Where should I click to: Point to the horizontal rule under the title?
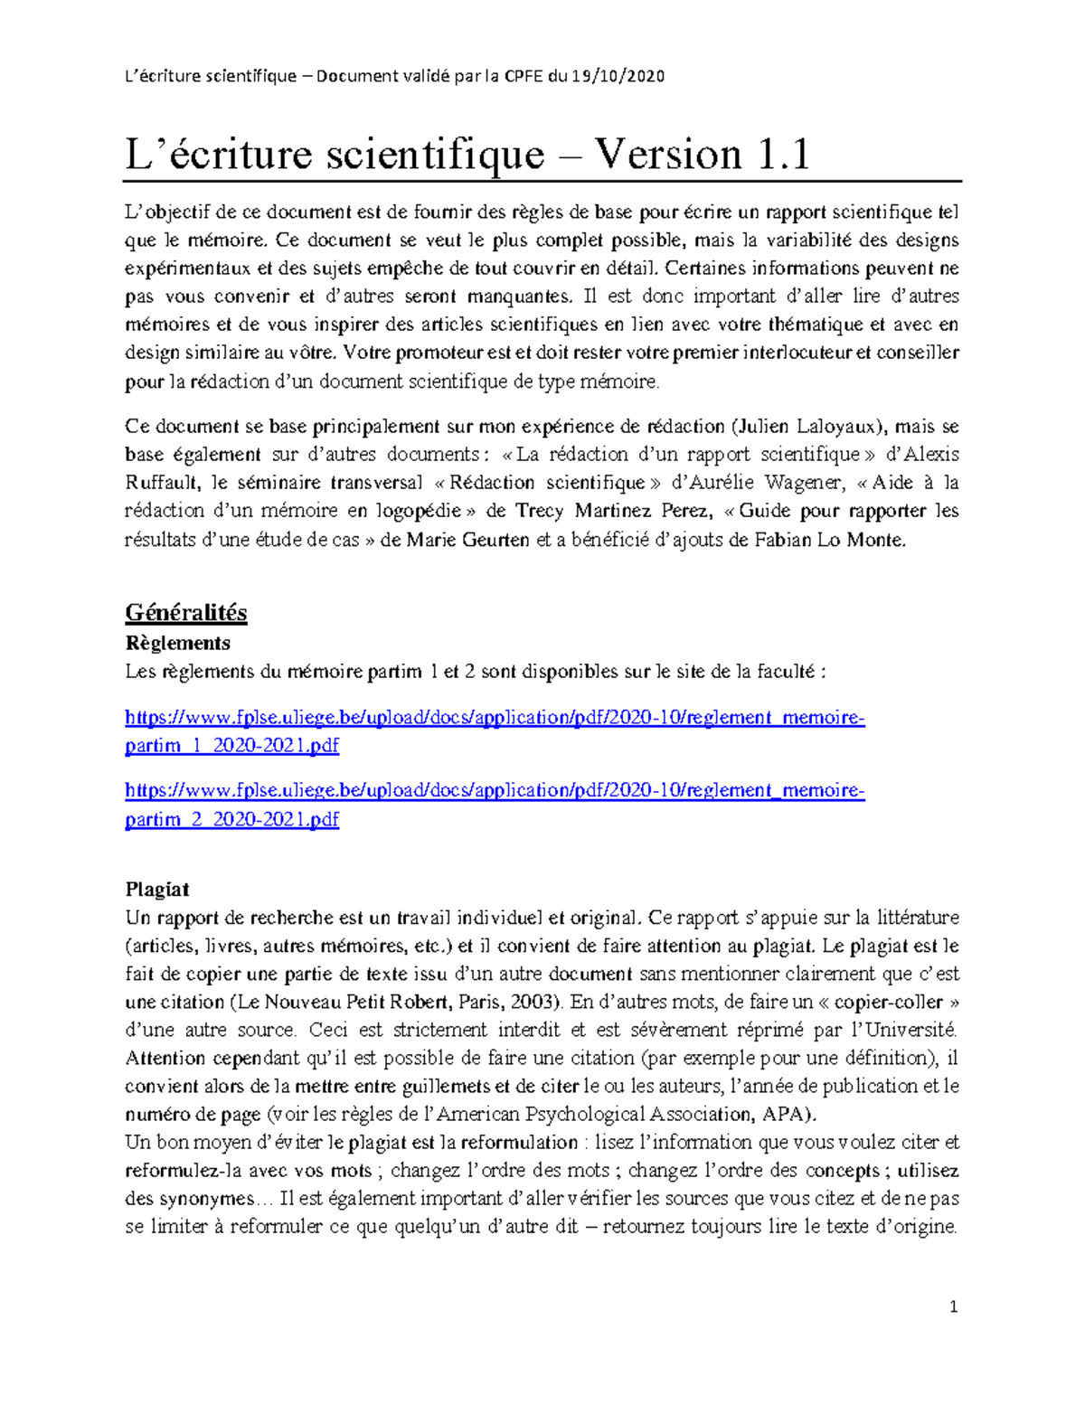click(x=542, y=182)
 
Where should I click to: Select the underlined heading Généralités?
click(x=185, y=613)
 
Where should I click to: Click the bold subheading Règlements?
click(x=177, y=643)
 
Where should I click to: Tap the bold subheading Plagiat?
click(x=157, y=889)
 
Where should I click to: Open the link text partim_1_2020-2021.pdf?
click(x=231, y=746)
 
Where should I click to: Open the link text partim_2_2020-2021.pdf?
click(x=231, y=819)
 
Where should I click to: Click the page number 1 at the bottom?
click(x=953, y=1306)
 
